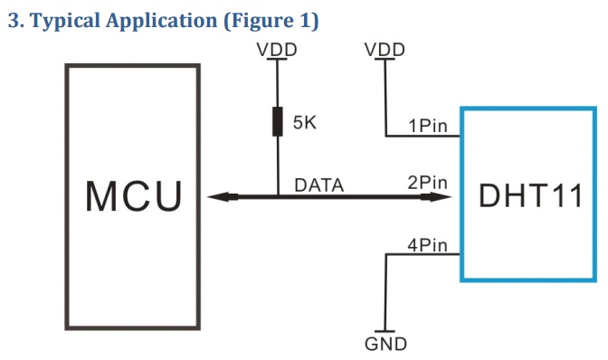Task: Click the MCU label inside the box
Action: click(134, 195)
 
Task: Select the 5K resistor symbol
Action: click(276, 120)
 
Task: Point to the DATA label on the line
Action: click(319, 185)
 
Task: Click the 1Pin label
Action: click(429, 127)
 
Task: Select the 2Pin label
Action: click(429, 184)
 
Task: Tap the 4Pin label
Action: click(429, 244)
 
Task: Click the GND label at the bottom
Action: click(386, 345)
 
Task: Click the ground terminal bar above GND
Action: click(386, 331)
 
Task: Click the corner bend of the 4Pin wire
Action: click(386, 255)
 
